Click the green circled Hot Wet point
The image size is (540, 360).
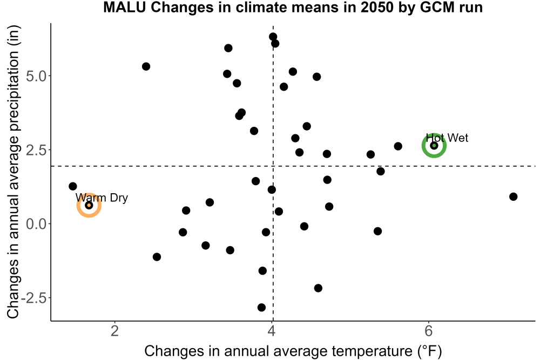click(x=434, y=146)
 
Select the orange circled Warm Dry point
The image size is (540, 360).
click(x=89, y=206)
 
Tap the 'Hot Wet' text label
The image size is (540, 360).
click(x=447, y=138)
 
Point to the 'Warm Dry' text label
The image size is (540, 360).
click(x=102, y=198)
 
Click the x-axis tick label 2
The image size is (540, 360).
click(x=114, y=331)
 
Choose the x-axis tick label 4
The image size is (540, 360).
click(x=272, y=331)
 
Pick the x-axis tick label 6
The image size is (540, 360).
click(x=428, y=331)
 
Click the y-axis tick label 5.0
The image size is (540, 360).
click(x=36, y=76)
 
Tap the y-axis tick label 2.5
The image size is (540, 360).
click(x=36, y=150)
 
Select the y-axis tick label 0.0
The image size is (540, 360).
click(x=36, y=224)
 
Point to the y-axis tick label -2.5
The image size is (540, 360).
click(x=33, y=298)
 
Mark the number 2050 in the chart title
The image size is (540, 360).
click(x=377, y=7)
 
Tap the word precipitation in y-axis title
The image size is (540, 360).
click(x=14, y=91)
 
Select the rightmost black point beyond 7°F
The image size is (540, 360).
click(x=513, y=196)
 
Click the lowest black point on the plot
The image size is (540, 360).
click(x=261, y=307)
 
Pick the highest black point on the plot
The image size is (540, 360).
click(x=273, y=37)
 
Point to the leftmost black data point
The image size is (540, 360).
click(x=73, y=186)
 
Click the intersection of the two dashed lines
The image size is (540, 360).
click(x=273, y=166)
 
